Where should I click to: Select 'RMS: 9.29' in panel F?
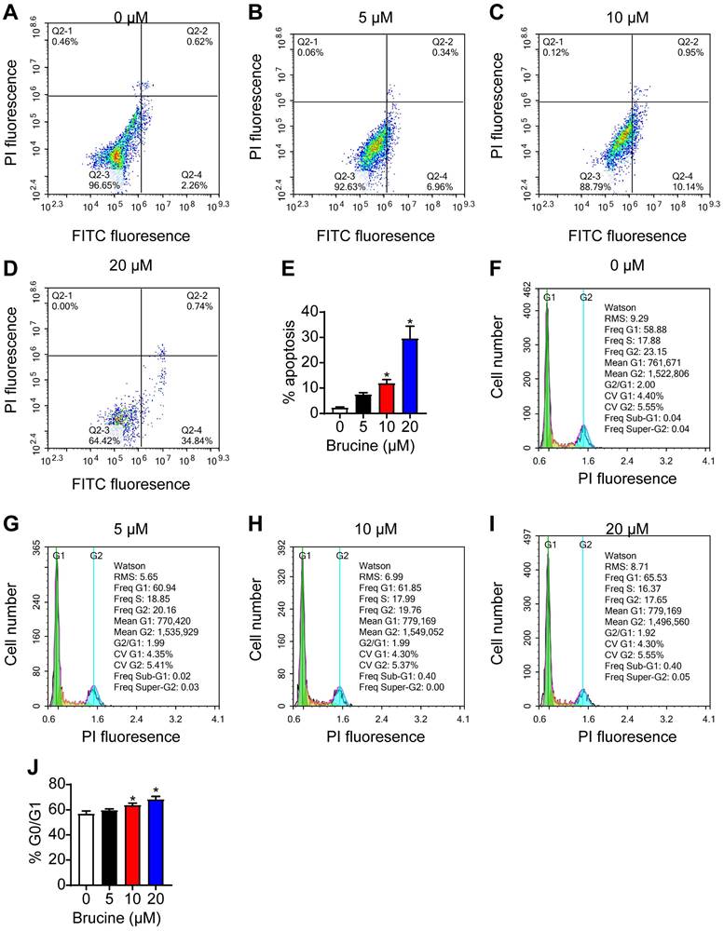[626, 317]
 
